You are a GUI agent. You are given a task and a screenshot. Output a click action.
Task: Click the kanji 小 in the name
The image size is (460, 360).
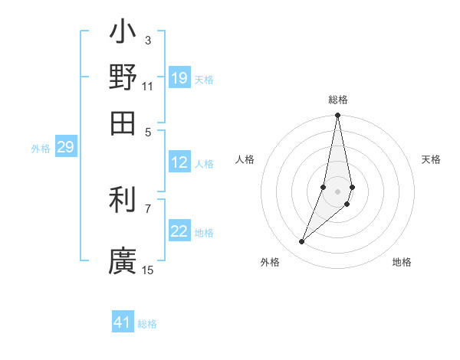tap(123, 34)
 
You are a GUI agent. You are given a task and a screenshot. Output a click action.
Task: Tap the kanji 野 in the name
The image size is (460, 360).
tap(123, 77)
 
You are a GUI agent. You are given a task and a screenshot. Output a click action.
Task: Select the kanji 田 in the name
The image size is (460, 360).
tap(123, 123)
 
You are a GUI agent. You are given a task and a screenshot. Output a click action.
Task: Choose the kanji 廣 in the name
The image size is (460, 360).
tap(123, 260)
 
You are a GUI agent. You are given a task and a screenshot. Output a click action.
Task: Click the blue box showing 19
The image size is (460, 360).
tap(179, 78)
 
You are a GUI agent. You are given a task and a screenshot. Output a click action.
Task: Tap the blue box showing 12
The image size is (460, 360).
tap(179, 162)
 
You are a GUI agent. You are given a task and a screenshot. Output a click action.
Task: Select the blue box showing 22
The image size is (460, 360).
tap(179, 232)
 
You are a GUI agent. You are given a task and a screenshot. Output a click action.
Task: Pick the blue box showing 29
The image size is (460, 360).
tap(65, 148)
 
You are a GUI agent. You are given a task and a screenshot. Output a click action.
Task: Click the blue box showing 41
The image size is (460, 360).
tap(123, 322)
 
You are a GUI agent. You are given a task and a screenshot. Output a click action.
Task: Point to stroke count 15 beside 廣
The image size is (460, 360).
tap(148, 270)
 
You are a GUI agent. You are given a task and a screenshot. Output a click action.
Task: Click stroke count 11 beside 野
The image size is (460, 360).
tap(148, 87)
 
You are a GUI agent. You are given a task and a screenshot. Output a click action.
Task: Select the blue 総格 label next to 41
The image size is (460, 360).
tap(147, 324)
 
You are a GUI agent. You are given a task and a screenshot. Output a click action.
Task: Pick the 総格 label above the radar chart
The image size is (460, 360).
tap(337, 100)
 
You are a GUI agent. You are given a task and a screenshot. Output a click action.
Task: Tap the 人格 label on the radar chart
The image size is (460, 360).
tap(245, 159)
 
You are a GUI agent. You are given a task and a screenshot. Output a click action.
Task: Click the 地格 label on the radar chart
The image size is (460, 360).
tap(402, 262)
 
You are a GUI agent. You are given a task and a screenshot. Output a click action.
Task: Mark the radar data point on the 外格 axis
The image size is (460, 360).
tap(302, 242)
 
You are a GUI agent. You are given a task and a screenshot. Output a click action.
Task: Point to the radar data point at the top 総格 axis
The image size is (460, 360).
tap(337, 116)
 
